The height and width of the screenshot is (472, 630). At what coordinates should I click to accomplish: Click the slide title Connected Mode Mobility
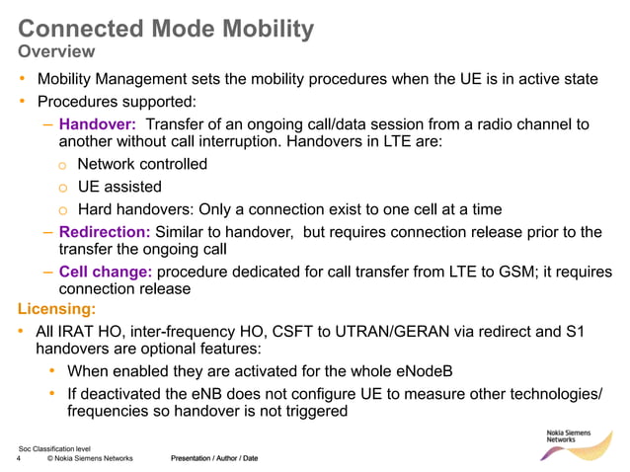pyautogui.click(x=166, y=28)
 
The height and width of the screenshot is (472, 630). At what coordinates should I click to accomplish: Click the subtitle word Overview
pyautogui.click(x=57, y=50)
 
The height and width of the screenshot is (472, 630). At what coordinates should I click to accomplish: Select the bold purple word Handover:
pyautogui.click(x=97, y=124)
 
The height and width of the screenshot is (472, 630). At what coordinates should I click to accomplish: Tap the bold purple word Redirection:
pyautogui.click(x=105, y=232)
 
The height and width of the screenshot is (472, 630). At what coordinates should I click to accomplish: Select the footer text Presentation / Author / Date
pyautogui.click(x=214, y=459)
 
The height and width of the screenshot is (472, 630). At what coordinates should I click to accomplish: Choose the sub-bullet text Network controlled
pyautogui.click(x=142, y=164)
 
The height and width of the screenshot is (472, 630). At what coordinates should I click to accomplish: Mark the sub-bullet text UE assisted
pyautogui.click(x=119, y=187)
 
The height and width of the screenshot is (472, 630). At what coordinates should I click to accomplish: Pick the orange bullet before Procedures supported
pyautogui.click(x=22, y=101)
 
